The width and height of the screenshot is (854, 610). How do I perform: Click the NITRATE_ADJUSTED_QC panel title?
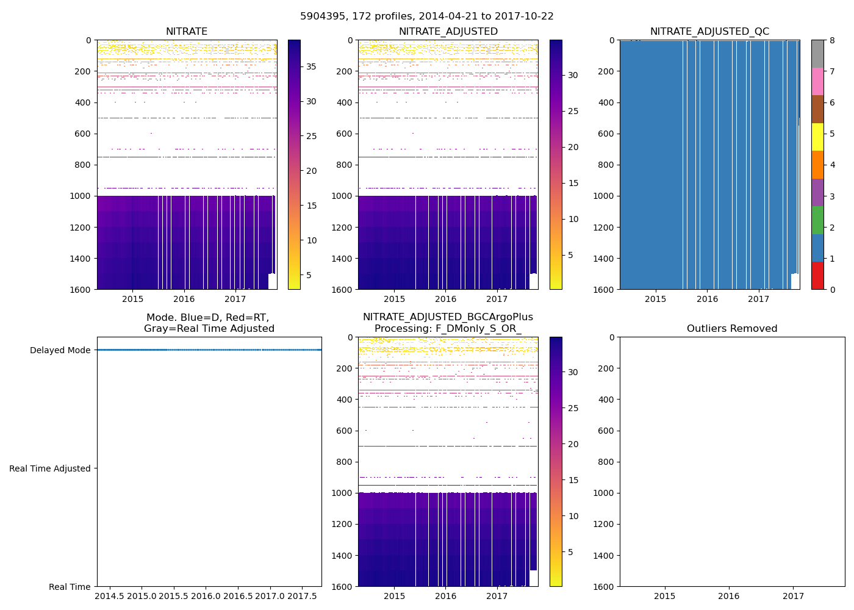click(x=709, y=32)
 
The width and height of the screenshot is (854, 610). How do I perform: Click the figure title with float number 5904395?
click(x=426, y=16)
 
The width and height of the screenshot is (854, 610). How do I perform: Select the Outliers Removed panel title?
click(x=731, y=329)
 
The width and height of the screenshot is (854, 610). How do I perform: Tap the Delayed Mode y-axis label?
click(x=60, y=350)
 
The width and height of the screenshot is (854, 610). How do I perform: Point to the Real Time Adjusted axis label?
click(x=50, y=468)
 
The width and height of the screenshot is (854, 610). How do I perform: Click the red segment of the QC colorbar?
click(x=817, y=275)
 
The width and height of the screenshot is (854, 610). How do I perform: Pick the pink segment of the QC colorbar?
click(x=817, y=81)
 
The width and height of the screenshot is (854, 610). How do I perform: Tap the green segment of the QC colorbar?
click(x=817, y=220)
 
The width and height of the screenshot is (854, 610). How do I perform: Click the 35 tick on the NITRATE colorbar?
click(x=311, y=66)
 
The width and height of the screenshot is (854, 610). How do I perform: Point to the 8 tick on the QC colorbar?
click(x=831, y=40)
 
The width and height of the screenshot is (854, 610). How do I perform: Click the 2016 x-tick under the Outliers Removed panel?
click(x=728, y=596)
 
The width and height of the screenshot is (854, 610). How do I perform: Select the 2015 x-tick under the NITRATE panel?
click(x=132, y=299)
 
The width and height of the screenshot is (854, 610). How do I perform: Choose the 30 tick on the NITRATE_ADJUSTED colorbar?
click(x=573, y=75)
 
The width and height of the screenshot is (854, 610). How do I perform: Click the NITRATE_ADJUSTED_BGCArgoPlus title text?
click(x=447, y=317)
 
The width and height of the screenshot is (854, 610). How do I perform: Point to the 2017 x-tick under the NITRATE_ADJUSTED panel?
click(x=497, y=299)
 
